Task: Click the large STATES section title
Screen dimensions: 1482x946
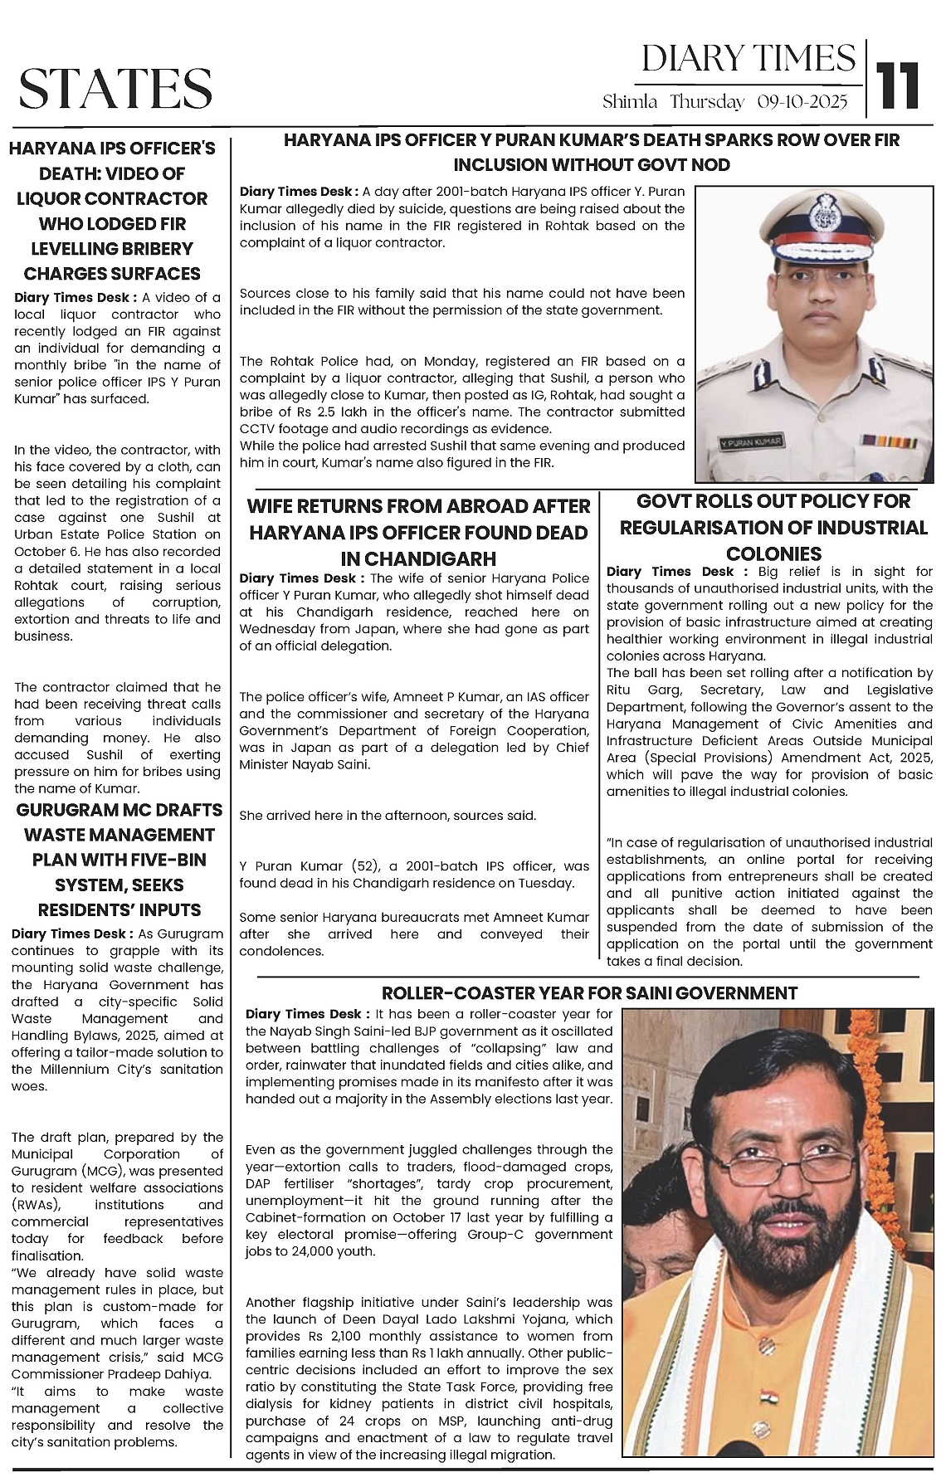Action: coord(115,89)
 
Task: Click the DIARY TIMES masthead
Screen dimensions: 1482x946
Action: coord(749,58)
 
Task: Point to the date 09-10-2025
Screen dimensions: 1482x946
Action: coord(802,102)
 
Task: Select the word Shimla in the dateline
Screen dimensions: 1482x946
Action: coord(631,102)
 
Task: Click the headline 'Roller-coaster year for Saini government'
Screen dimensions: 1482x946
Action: coord(589,993)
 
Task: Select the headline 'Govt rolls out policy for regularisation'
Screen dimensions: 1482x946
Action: coord(773,528)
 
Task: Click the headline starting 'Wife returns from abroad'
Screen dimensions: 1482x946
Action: coord(419,532)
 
